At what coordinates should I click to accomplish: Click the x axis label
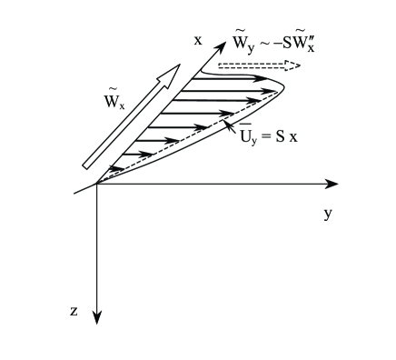(x=197, y=42)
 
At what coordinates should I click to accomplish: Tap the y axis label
(x=327, y=214)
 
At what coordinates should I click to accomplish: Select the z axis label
(x=74, y=311)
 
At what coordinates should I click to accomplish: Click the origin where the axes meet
(x=97, y=184)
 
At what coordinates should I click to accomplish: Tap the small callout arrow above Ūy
(x=229, y=120)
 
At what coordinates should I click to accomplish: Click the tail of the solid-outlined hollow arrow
(x=87, y=165)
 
